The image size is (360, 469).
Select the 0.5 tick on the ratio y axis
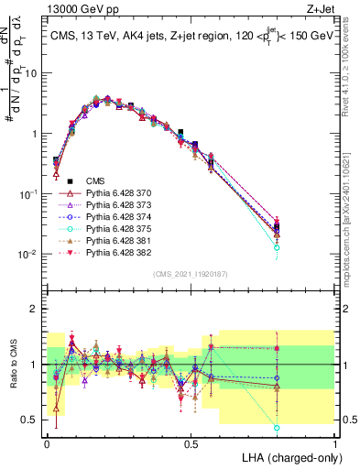click(31, 420)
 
